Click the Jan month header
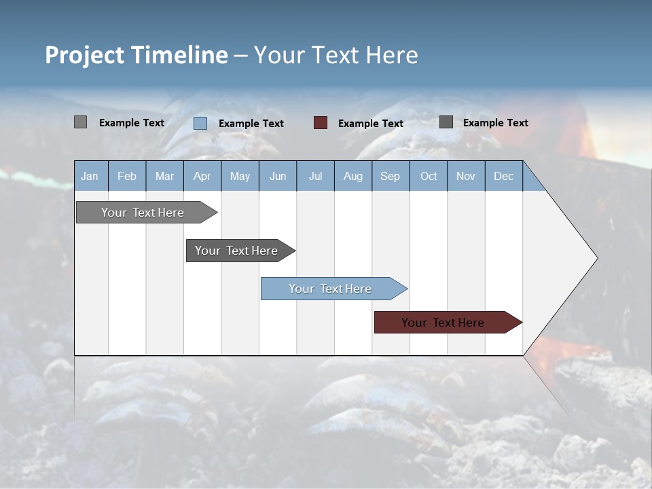point(90,177)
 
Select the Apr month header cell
point(202,177)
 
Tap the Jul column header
point(315,177)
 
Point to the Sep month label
point(390,177)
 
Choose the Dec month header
point(503,177)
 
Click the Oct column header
point(429,177)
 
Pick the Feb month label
point(127,177)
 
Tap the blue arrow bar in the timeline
point(331,289)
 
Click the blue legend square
point(200,123)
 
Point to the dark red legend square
point(321,123)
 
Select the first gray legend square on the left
point(81,122)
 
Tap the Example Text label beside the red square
point(371,124)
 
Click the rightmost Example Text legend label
point(496,123)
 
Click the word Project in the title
point(84,55)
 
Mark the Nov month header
point(466,177)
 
